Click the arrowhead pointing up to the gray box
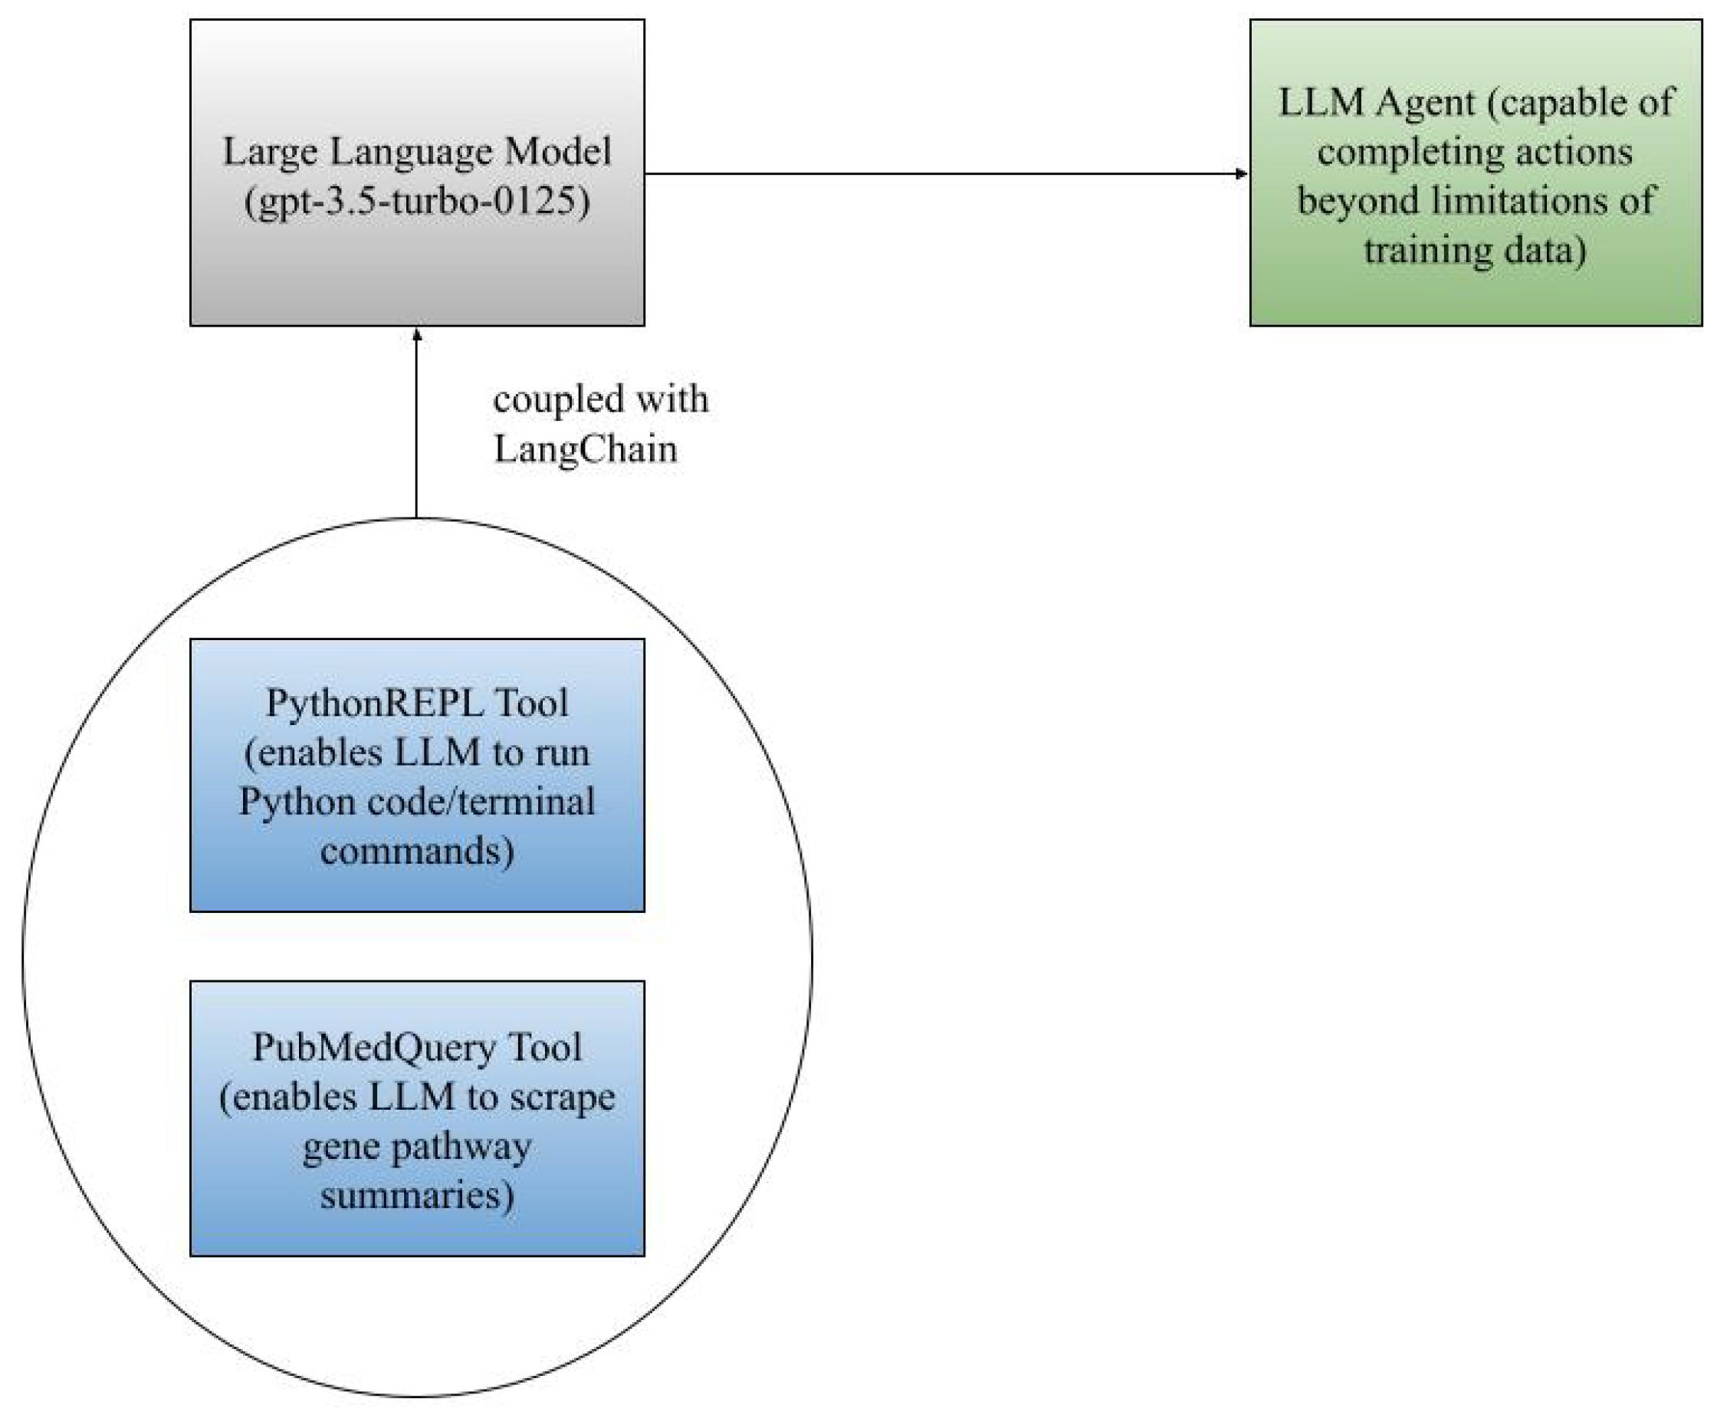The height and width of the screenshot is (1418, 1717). point(416,335)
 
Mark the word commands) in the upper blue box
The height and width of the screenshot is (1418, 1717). point(416,851)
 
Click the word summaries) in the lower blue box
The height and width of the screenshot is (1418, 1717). point(416,1196)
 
